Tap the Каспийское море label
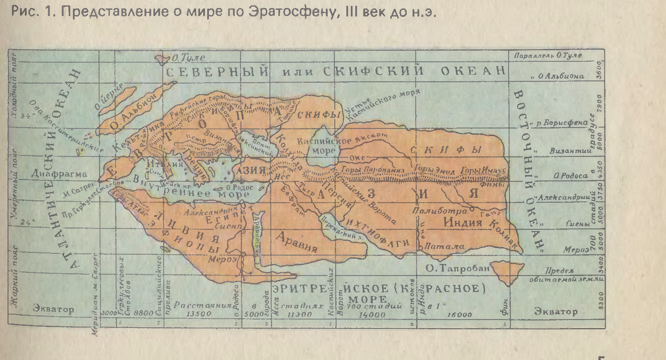(x=318, y=146)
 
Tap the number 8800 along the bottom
(x=143, y=313)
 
